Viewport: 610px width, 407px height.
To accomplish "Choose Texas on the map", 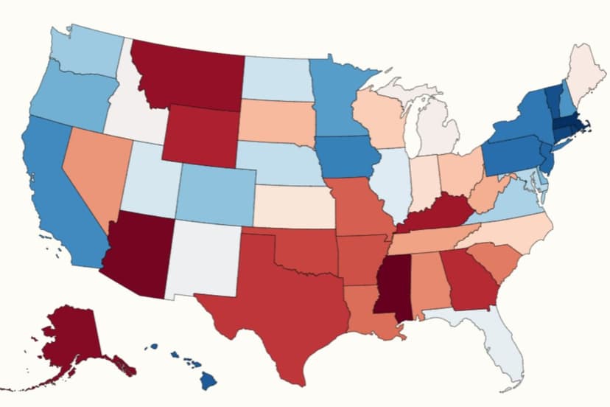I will tap(280, 310).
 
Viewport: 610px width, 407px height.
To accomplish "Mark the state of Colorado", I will tap(214, 194).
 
